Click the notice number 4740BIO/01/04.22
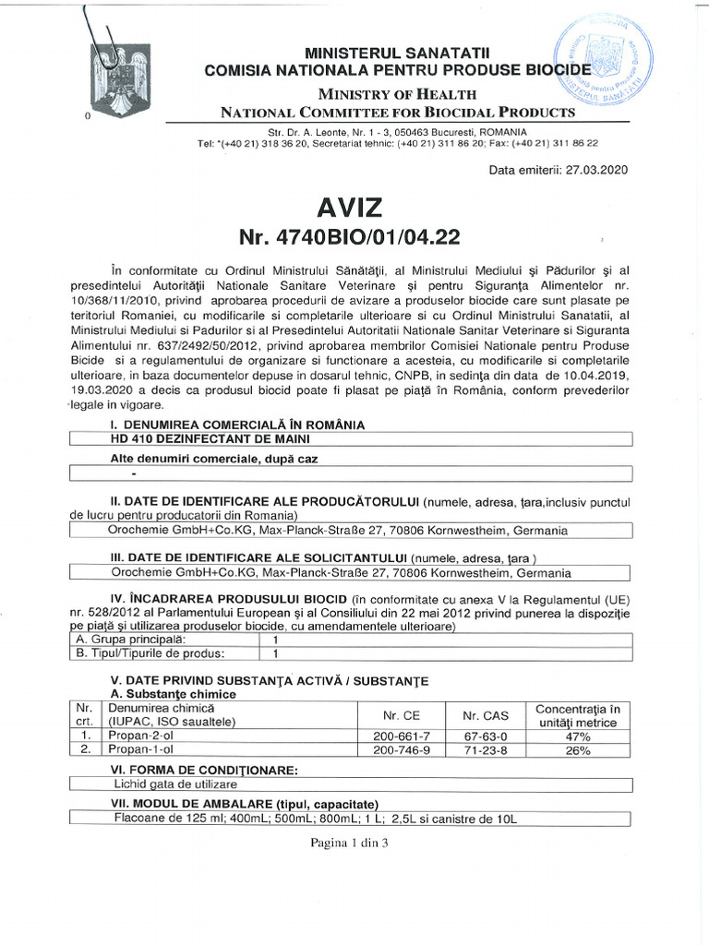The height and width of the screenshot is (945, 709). click(349, 237)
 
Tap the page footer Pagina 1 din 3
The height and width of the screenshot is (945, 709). click(354, 843)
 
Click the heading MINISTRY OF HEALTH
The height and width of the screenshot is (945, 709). click(397, 94)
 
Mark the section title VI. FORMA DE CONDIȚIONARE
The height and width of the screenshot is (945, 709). click(191, 769)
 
